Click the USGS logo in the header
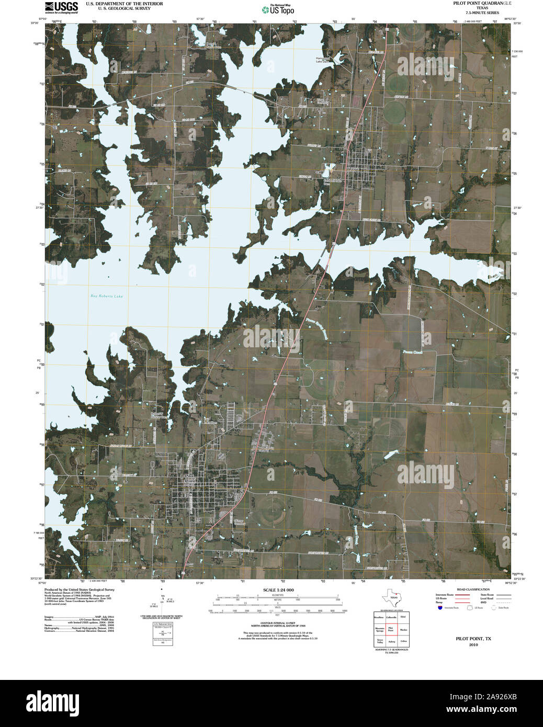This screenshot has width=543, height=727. pos(61,7)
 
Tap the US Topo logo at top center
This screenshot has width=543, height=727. pos(278,9)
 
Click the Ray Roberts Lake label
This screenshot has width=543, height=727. pos(107,297)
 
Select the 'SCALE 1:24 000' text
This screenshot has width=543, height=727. pos(278,590)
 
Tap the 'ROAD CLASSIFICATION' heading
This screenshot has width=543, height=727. pos(473,589)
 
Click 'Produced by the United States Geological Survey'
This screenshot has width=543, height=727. pos(80,589)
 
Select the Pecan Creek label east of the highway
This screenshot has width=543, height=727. pos(412,352)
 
